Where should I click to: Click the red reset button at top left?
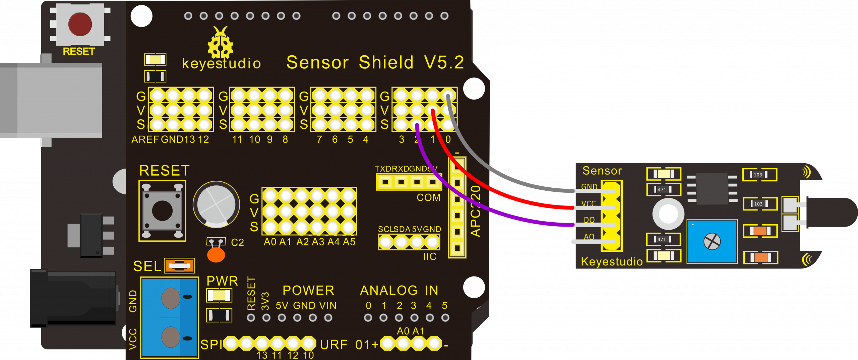[x=80, y=24]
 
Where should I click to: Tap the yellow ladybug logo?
[x=220, y=44]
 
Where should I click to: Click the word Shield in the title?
[x=386, y=63]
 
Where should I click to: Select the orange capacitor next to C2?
[x=216, y=255]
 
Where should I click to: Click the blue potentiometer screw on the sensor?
[x=712, y=241]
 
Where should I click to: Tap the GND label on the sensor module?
[x=589, y=187]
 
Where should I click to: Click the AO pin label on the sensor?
[x=589, y=237]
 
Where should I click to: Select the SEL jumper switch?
[x=180, y=266]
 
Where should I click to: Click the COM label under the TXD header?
[x=428, y=198]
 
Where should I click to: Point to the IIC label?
[x=429, y=257]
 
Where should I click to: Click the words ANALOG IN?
[x=399, y=291]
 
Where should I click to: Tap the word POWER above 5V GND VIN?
[x=308, y=291]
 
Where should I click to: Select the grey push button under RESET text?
[x=162, y=211]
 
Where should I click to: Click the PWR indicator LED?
[x=219, y=295]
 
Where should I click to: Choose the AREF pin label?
[x=145, y=139]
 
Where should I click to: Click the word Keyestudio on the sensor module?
[x=612, y=262]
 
